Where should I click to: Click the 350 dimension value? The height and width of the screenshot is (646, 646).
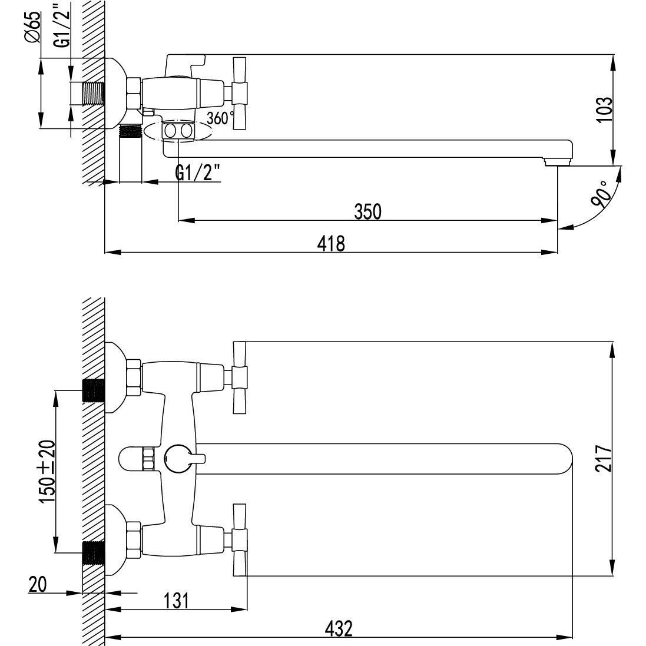click(x=368, y=211)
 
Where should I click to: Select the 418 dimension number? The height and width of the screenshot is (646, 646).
click(x=331, y=243)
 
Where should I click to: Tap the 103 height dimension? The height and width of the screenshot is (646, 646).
click(x=604, y=109)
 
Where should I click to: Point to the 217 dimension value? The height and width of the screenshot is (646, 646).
click(x=604, y=458)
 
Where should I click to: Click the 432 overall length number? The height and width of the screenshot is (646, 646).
click(x=339, y=629)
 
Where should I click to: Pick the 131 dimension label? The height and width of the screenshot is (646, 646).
click(x=176, y=601)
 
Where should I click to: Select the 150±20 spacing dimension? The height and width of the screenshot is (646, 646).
click(x=47, y=471)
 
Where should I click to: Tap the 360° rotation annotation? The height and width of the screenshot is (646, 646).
click(x=220, y=118)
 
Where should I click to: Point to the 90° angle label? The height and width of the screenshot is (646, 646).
click(x=600, y=194)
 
